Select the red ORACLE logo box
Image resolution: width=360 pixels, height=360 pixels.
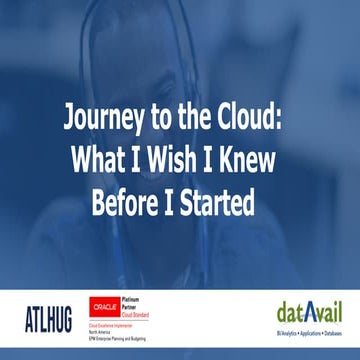(106, 307)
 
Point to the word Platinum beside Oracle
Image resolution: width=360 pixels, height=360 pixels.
(139, 301)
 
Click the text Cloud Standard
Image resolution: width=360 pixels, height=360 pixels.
(143, 314)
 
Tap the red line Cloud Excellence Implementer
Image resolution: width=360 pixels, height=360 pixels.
(117, 324)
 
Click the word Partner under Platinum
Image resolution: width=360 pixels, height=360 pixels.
(136, 307)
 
